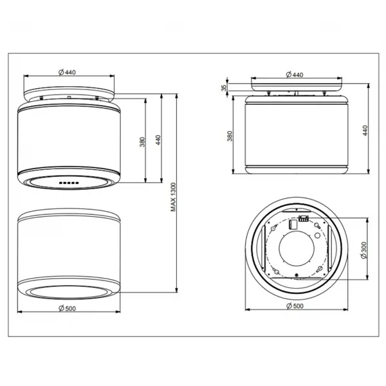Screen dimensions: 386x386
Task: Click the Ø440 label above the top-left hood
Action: click(67, 72)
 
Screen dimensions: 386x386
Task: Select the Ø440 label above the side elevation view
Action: click(295, 75)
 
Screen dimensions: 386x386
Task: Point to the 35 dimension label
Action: click(224, 88)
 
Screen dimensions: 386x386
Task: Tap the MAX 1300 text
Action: click(173, 197)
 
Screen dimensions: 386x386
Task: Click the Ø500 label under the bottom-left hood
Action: click(67, 308)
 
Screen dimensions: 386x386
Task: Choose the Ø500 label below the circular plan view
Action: click(295, 306)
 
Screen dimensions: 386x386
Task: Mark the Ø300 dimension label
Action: click(363, 250)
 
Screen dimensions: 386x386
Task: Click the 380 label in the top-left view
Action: click(142, 142)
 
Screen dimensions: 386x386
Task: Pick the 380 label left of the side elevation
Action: click(230, 136)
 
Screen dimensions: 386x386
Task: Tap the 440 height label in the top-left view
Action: click(158, 140)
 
